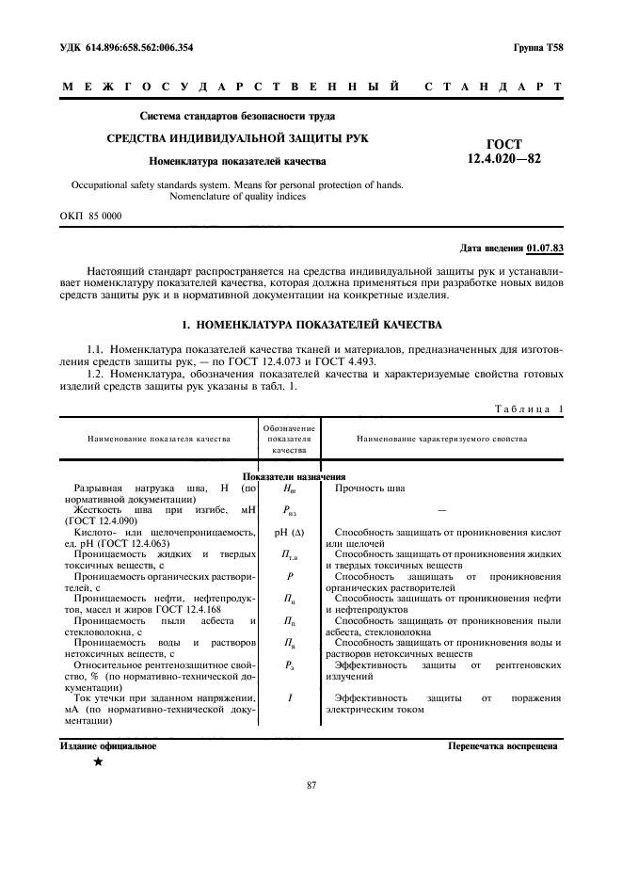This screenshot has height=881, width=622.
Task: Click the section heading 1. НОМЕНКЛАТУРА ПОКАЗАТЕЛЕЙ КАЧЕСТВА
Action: [x=311, y=325]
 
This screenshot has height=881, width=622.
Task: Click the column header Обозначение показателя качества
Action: [x=288, y=439]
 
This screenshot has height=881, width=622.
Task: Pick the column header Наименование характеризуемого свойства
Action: [x=441, y=439]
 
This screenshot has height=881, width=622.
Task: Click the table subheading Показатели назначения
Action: [x=295, y=477]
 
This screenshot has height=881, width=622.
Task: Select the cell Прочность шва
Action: [x=370, y=489]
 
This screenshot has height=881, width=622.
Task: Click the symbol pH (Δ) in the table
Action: [x=288, y=533]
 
